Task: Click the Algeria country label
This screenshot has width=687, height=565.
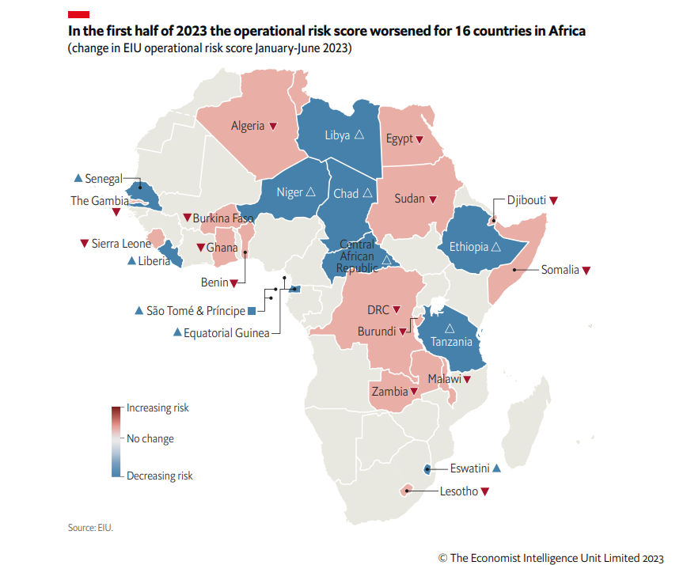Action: click(x=248, y=126)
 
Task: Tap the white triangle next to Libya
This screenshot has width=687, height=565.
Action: click(x=359, y=135)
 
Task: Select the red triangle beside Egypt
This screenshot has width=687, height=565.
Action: click(x=419, y=139)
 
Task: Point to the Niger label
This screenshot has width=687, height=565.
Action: click(x=289, y=192)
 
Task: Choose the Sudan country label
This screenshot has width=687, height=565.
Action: click(x=409, y=199)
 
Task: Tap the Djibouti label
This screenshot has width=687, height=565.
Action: click(x=520, y=200)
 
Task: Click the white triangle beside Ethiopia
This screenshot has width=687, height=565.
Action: click(x=495, y=247)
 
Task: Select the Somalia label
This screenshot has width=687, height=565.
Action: click(x=560, y=270)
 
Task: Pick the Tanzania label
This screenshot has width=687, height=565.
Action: click(x=450, y=342)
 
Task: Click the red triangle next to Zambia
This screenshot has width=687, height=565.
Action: click(x=414, y=392)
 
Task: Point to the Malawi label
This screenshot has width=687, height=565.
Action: click(x=444, y=380)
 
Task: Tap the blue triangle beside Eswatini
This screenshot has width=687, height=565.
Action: click(x=497, y=468)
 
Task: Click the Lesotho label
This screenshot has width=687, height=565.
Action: click(x=458, y=491)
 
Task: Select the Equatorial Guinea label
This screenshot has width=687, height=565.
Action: click(x=226, y=333)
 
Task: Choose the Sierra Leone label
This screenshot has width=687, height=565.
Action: click(x=120, y=244)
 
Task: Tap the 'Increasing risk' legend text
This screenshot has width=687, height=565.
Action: click(x=158, y=408)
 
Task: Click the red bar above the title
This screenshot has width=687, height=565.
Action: click(x=78, y=13)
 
